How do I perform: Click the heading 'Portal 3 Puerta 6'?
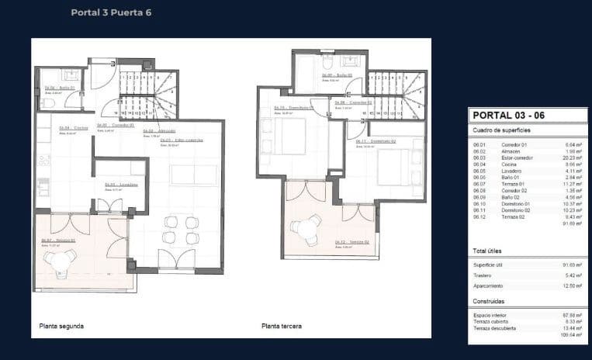tap(111, 12)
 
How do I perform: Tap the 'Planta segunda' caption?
tap(62, 326)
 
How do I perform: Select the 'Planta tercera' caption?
tap(282, 326)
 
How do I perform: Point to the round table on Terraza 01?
tap(61, 261)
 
